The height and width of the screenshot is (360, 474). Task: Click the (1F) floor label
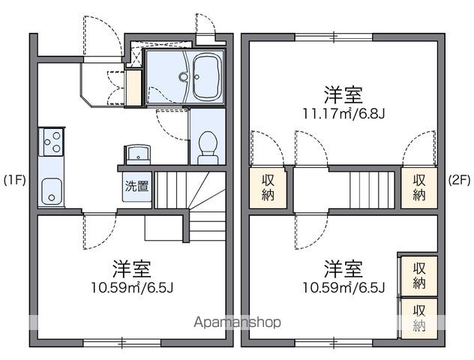[16, 180]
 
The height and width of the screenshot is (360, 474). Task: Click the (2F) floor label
[458, 180]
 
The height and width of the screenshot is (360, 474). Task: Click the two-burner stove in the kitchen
[52, 141]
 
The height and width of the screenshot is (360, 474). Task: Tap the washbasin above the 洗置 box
[138, 154]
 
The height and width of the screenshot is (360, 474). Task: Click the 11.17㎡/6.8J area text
[344, 115]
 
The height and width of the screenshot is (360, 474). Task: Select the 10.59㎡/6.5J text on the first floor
[133, 287]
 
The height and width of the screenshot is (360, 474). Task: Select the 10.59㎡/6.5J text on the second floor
[344, 287]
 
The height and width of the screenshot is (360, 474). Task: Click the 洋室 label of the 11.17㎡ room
[344, 95]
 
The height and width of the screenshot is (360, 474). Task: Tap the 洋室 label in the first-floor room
[133, 268]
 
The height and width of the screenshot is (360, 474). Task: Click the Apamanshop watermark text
[238, 322]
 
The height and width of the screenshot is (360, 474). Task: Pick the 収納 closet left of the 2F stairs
[268, 188]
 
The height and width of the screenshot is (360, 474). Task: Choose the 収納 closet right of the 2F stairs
[418, 188]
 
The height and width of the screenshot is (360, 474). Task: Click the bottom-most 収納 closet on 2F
[418, 316]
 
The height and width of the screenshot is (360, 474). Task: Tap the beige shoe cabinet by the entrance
[133, 87]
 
